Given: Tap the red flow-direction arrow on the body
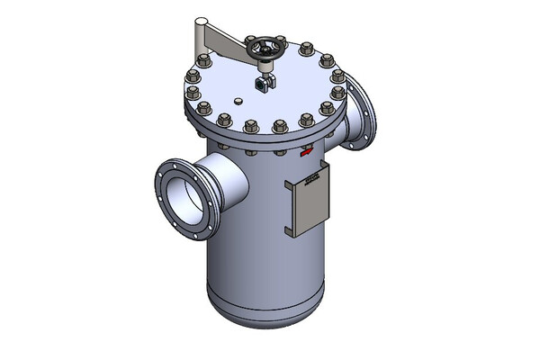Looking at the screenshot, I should [x=308, y=154].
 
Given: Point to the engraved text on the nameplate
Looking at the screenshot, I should [x=311, y=181].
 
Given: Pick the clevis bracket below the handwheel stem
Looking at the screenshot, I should [x=262, y=85].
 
